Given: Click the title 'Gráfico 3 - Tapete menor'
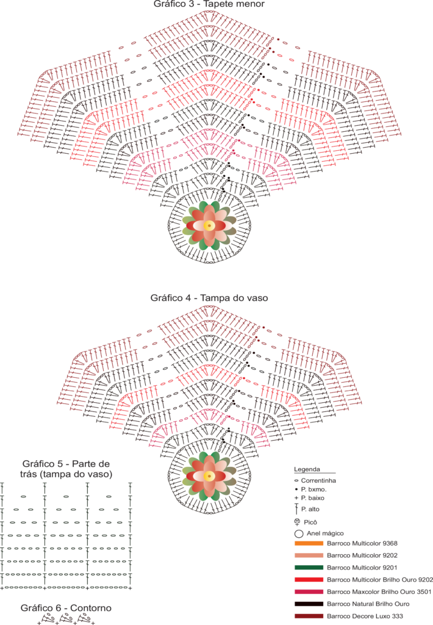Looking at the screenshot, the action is coord(209,4).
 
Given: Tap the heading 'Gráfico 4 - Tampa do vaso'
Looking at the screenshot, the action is coord(209,298).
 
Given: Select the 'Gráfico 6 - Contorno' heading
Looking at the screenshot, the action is coord(66,608).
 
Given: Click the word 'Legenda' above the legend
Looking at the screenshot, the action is coord(307,469).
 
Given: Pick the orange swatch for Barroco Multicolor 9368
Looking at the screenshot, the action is coord(309,543).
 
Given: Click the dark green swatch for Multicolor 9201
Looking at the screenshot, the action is coord(309,568).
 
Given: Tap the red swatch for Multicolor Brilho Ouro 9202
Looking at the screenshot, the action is coord(309,580).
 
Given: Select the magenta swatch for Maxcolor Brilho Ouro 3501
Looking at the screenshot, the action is coord(309,592).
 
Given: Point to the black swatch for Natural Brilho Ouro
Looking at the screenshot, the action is coord(309,604).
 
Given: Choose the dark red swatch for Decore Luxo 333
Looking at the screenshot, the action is coord(309,616).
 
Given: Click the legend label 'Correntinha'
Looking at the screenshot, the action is coord(318,481).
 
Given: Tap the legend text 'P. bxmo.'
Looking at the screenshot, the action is coord(314,490).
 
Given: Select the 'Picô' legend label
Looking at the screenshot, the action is coord(310,522).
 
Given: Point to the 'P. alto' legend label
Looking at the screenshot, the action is coord(310,509).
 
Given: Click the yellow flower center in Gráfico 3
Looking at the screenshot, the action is coord(209,226).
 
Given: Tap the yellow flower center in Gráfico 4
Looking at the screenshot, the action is coord(209,476).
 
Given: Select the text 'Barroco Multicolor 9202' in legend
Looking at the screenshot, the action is coord(362,555).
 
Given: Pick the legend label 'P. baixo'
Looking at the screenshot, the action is coord(313,498).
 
